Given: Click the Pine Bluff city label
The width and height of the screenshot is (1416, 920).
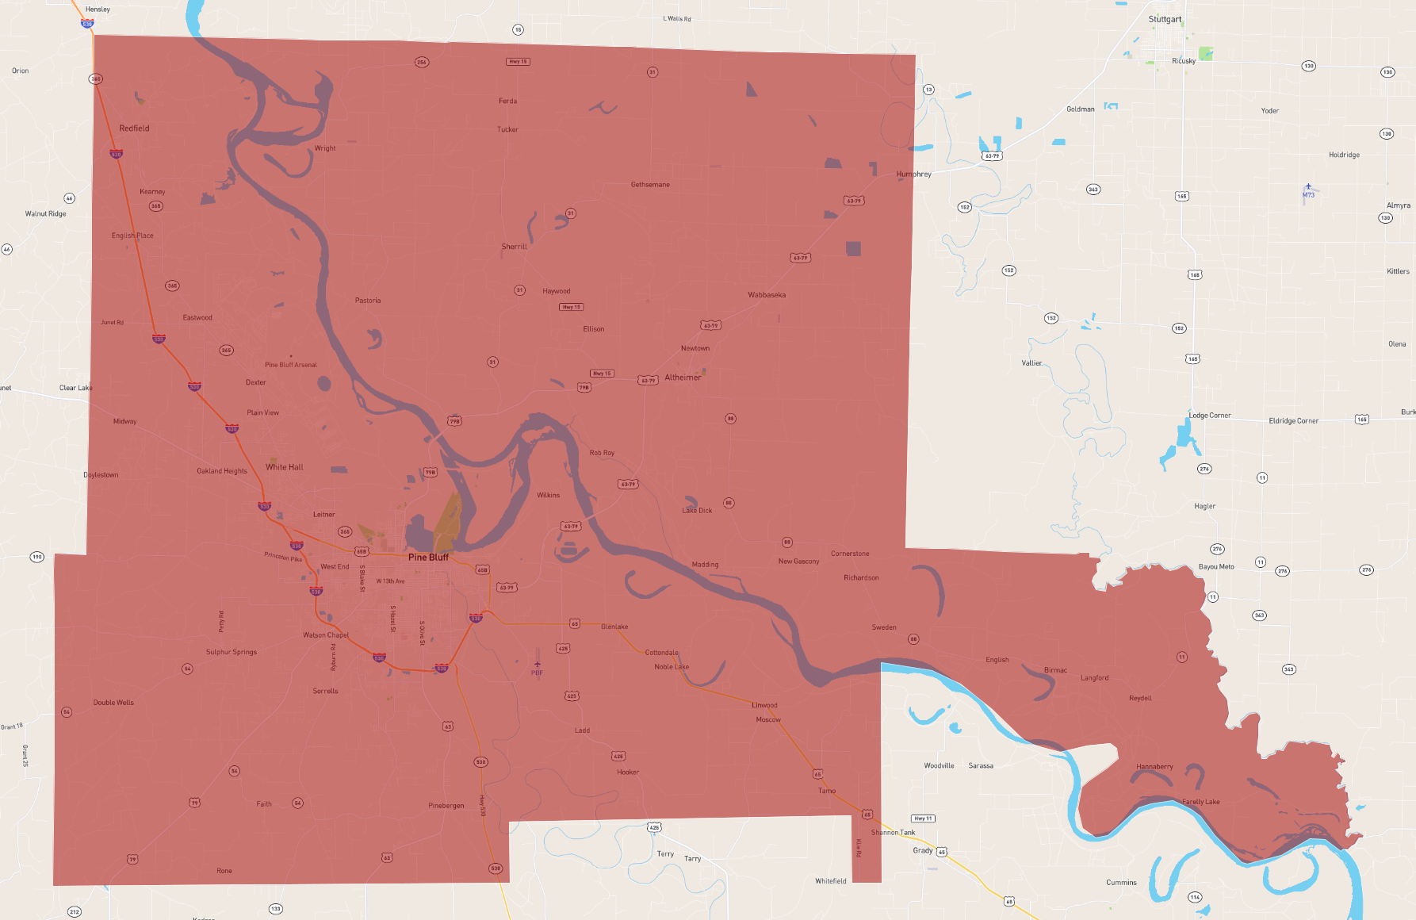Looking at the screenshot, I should (x=428, y=557).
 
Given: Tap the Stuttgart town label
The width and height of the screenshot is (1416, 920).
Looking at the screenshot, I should (x=1165, y=19).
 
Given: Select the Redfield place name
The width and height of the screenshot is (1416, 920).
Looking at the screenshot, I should (x=134, y=128).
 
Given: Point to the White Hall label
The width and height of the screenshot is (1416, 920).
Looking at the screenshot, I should (x=285, y=467).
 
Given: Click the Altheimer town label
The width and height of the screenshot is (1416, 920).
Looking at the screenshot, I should (x=683, y=378).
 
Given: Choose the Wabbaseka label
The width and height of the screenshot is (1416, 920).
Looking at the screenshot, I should (x=767, y=295).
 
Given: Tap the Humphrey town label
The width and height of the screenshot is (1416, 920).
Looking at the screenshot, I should (x=914, y=174).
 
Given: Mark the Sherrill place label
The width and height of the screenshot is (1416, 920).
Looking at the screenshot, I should (x=514, y=247).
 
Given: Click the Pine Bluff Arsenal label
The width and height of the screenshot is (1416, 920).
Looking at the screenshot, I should (x=291, y=365).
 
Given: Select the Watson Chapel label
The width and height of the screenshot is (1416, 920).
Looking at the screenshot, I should (x=326, y=634).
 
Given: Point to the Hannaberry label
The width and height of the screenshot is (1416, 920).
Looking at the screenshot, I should (x=1154, y=766).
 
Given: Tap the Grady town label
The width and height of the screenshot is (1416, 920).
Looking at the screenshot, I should (x=923, y=850).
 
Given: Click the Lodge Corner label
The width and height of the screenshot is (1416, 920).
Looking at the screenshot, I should (x=1210, y=415).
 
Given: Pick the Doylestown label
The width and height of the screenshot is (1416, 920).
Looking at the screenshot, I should (x=101, y=475).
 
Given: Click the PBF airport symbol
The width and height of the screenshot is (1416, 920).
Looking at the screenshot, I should (x=538, y=665).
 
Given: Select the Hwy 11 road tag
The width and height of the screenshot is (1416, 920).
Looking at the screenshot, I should (x=923, y=818).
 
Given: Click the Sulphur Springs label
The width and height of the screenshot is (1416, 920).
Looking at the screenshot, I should (x=232, y=652).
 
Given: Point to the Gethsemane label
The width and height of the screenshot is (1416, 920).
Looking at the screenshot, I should (x=650, y=185).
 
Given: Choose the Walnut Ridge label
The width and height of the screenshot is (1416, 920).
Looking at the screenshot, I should (x=46, y=213).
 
